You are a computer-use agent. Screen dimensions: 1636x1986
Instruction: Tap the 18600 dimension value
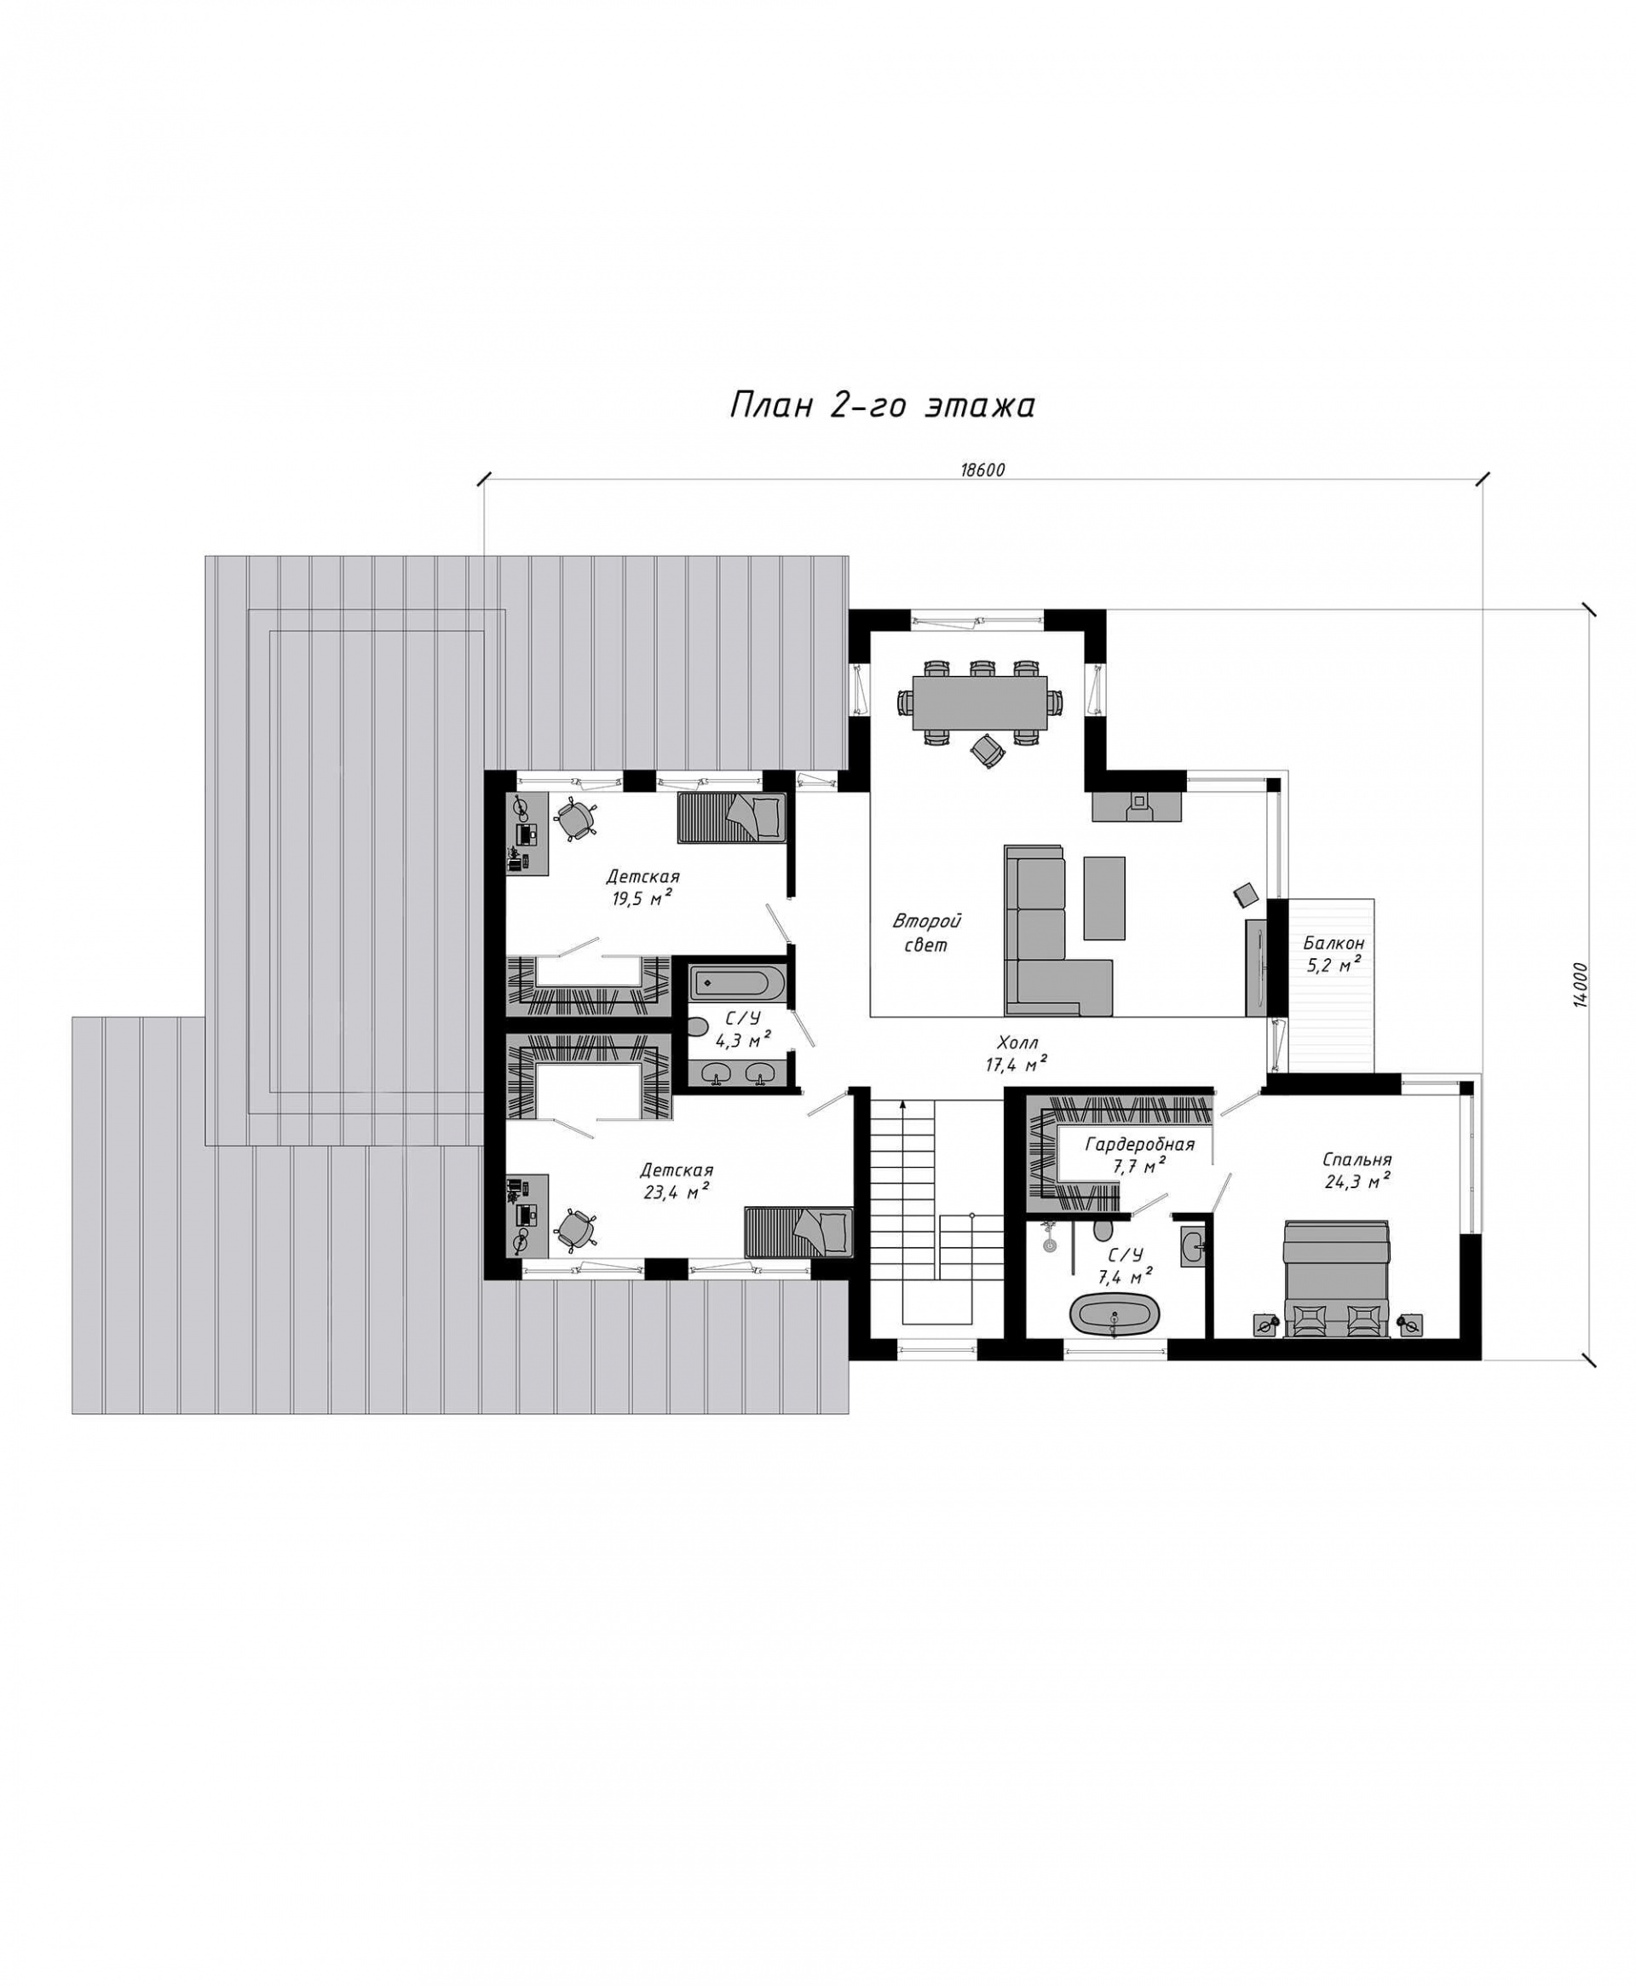click(x=984, y=471)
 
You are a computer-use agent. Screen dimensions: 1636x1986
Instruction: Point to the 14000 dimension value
click(x=1581, y=985)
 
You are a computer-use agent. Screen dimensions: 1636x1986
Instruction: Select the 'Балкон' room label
click(x=1334, y=943)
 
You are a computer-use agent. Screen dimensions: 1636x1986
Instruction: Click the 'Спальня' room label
click(x=1357, y=1159)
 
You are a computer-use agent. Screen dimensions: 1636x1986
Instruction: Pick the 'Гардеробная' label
click(x=1139, y=1144)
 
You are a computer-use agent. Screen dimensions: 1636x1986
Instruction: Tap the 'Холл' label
click(x=1017, y=1042)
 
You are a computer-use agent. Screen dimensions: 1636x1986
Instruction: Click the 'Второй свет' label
click(x=926, y=932)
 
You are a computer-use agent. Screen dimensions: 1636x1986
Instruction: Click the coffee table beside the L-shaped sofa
click(x=1103, y=898)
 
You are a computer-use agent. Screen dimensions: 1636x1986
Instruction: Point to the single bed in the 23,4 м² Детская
click(x=798, y=1231)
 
